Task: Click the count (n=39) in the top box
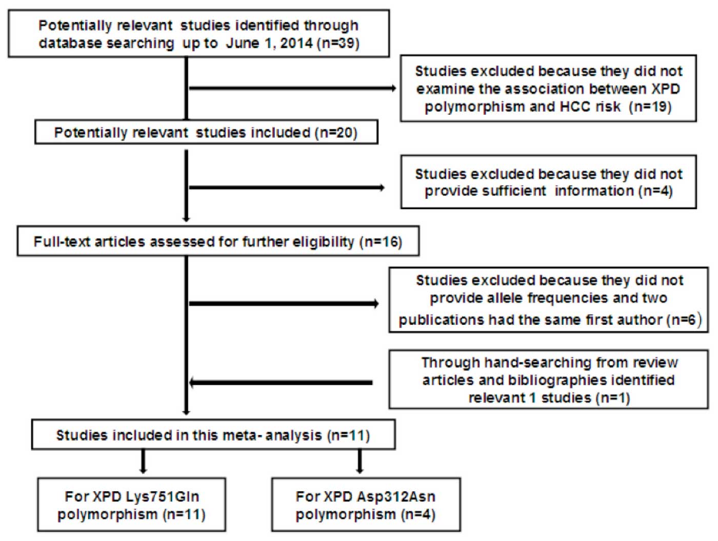click(338, 43)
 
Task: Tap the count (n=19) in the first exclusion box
click(650, 106)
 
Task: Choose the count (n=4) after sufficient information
click(655, 191)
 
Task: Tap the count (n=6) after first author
click(684, 320)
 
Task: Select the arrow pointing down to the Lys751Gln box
click(143, 462)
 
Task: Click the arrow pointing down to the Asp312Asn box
click(360, 462)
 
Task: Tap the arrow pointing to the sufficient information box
click(287, 188)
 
